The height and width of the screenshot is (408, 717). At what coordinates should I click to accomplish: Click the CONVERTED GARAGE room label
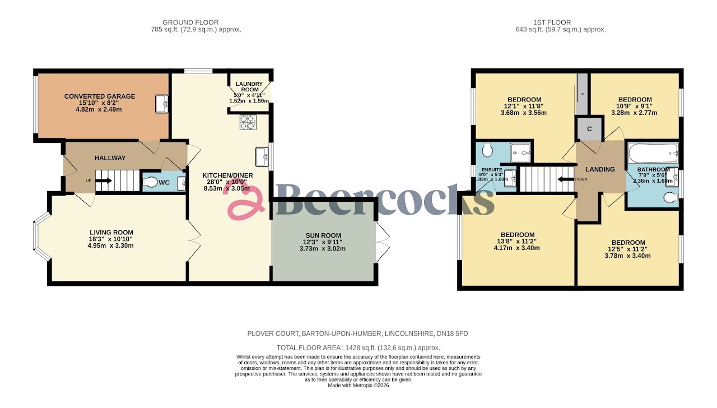coord(100,96)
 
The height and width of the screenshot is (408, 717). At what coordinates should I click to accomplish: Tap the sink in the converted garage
coord(162,104)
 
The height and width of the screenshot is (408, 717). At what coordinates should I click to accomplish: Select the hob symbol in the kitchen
coord(248,122)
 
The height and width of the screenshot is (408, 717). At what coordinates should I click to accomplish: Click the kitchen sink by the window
coord(261,156)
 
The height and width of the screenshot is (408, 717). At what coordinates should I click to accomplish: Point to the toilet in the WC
coord(151,182)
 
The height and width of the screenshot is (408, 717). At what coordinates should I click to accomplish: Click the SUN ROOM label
coord(323,235)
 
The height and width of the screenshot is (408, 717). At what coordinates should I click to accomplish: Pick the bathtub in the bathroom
coord(653,152)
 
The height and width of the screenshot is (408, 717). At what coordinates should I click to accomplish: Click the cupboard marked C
coord(589,129)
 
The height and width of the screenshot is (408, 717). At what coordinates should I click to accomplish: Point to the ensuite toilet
coord(486,150)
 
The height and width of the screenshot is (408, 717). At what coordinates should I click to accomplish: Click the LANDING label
coord(600,169)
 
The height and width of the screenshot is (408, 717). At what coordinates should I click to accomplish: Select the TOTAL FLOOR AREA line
coord(357,347)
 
